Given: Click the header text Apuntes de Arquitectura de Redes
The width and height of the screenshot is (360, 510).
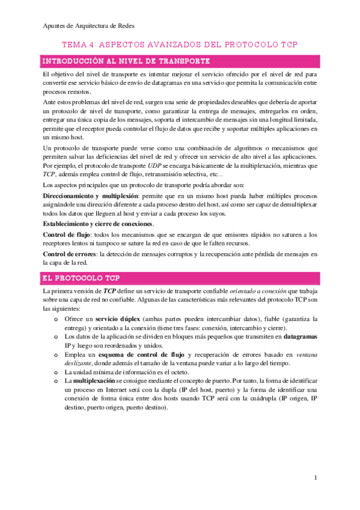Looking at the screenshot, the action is (90, 26).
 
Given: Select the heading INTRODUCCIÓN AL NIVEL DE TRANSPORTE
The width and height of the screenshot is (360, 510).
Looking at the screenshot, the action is (125, 61).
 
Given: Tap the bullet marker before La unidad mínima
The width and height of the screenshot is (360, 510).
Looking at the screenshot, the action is (56, 373).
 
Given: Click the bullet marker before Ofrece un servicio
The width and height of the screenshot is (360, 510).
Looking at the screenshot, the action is (56, 318).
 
